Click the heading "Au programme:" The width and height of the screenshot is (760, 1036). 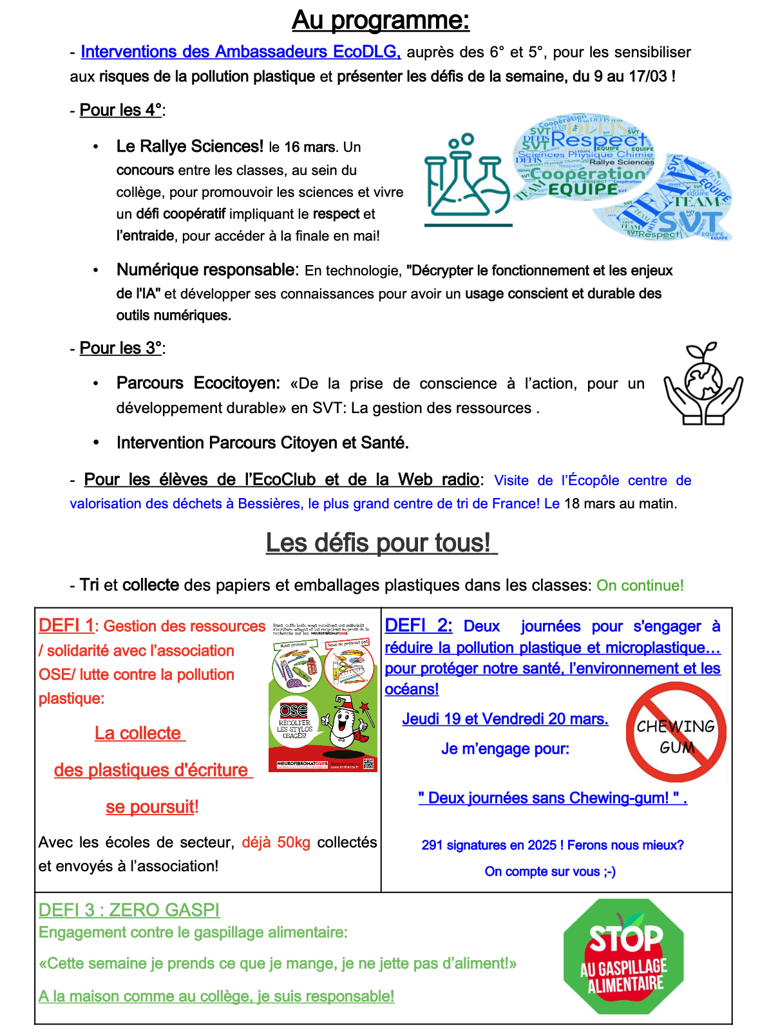pos(381,21)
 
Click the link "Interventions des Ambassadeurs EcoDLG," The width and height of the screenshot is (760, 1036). pos(240,52)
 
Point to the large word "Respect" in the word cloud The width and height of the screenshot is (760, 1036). pos(598,139)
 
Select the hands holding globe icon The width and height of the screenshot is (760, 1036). pos(703,384)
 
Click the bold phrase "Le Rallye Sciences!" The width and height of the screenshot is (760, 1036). pos(189,147)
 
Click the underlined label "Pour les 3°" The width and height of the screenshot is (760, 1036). pos(120,348)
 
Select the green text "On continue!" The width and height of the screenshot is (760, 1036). pos(640,586)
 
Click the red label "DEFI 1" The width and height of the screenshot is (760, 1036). pos(66,625)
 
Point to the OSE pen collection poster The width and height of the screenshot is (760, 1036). pos(323,696)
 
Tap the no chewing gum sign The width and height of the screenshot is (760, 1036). pos(676,732)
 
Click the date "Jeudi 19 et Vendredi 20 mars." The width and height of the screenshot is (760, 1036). pos(505,719)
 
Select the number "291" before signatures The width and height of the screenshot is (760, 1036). pos(432,846)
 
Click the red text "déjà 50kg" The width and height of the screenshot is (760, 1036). pos(276,843)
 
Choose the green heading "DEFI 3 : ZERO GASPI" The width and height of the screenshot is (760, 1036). pos(129,911)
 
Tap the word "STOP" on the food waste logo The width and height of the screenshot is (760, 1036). pos(625,939)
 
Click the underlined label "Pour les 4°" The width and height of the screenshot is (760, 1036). pos(120,110)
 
